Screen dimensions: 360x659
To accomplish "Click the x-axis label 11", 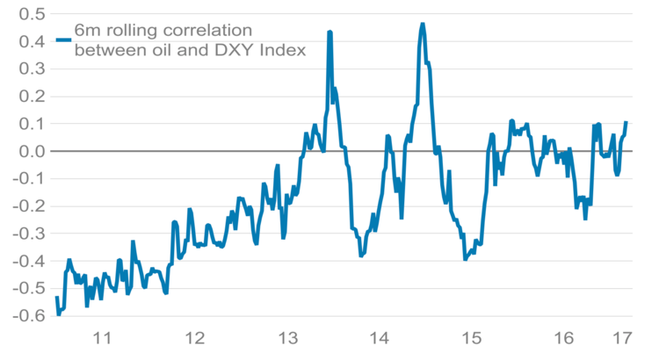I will click(102, 339).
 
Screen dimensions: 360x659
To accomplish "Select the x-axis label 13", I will click(287, 339).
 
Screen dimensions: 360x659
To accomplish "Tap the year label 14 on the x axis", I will click(380, 339).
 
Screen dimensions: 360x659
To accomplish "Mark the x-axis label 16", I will click(564, 339).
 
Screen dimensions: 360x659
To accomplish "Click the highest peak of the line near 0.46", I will click(423, 25).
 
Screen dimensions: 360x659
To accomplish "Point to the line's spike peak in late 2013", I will click(329, 32).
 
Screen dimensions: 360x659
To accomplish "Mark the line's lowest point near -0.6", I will click(59, 313).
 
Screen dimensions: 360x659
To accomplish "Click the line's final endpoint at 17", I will click(626, 122).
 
